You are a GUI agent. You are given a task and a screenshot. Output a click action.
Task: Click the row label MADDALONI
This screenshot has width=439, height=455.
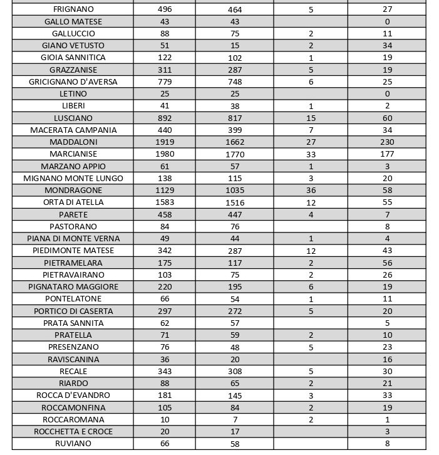[x=73, y=142]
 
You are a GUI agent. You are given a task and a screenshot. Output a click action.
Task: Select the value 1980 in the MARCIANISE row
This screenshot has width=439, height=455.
[x=165, y=154]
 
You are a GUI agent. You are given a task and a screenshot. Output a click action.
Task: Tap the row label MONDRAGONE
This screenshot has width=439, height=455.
[x=73, y=191]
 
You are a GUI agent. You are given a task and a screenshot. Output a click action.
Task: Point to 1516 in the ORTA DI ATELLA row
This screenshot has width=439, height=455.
[x=235, y=202]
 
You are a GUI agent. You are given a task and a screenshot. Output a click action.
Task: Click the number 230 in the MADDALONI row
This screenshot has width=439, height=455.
[x=387, y=142]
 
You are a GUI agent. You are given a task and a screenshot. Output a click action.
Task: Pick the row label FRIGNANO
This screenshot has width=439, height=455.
[x=73, y=9]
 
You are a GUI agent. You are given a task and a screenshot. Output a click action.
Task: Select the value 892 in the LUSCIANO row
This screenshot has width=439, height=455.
[x=165, y=118]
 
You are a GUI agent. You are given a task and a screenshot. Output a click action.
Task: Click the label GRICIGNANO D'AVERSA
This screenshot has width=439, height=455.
[x=73, y=82]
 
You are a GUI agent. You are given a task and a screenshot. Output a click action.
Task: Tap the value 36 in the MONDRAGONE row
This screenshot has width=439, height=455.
[x=311, y=191]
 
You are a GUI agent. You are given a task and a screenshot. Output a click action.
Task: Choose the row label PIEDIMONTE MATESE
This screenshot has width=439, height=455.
[x=73, y=251]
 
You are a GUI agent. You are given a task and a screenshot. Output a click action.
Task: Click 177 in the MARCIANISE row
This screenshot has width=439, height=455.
[x=387, y=154]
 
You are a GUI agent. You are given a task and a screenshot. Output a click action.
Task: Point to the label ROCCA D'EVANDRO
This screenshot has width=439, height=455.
[x=73, y=395]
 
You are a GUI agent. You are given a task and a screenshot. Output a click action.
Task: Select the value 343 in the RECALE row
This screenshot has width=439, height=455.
[x=165, y=372]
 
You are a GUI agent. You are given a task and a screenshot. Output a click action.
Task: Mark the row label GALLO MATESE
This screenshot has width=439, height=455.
[x=73, y=22]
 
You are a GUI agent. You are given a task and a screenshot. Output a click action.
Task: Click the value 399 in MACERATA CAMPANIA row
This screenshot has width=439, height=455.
[x=235, y=130]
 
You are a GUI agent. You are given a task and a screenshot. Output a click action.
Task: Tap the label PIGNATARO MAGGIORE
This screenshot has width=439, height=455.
[x=73, y=287]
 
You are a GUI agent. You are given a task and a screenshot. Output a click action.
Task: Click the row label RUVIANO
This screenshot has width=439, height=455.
[x=73, y=444]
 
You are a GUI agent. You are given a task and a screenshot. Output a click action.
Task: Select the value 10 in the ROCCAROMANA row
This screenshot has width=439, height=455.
[x=165, y=420]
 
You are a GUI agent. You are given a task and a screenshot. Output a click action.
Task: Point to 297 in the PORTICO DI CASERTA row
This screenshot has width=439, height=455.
[x=165, y=311]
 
